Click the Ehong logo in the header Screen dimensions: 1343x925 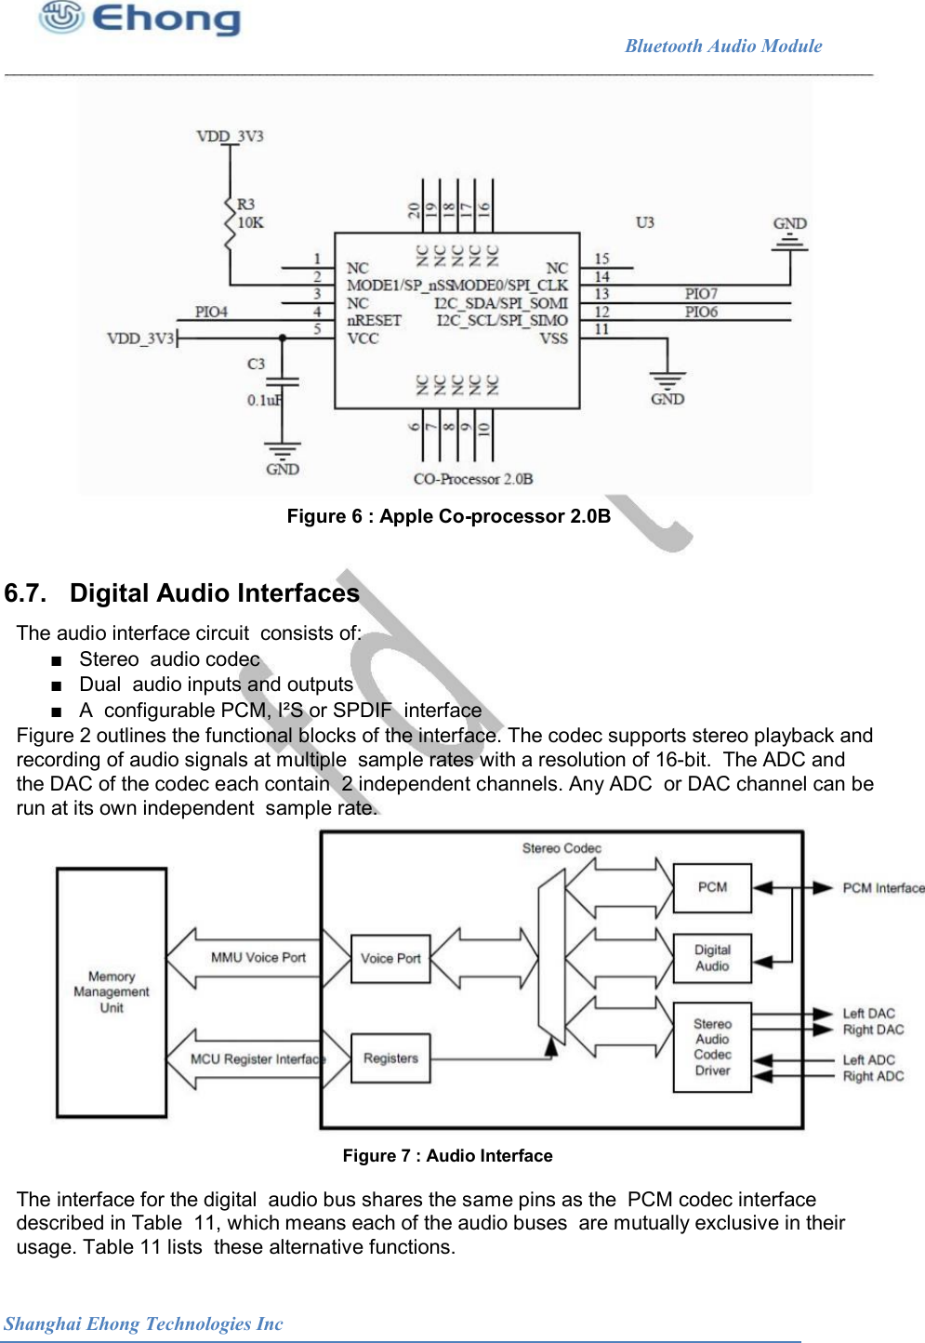pyautogui.click(x=139, y=19)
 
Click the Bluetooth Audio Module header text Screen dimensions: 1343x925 pyautogui.click(x=723, y=46)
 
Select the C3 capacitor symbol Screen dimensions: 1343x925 pyautogui.click(x=283, y=380)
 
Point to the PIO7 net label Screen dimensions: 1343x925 pyautogui.click(x=701, y=294)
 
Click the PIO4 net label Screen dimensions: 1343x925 pyautogui.click(x=211, y=312)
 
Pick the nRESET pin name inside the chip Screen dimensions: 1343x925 pyautogui.click(x=374, y=320)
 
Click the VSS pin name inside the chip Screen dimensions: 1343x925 pyautogui.click(x=553, y=339)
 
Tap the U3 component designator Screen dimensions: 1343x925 pyautogui.click(x=644, y=222)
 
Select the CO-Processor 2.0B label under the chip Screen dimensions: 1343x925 pyautogui.click(x=473, y=479)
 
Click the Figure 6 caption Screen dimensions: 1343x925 pyautogui.click(x=448, y=516)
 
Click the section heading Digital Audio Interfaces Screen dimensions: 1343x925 pyautogui.click(x=214, y=593)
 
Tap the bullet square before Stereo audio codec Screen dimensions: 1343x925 pyautogui.click(x=58, y=660)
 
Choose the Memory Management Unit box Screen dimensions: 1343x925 pyautogui.click(x=112, y=992)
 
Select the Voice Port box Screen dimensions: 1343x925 pyautogui.click(x=390, y=959)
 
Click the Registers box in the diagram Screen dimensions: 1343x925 pyautogui.click(x=390, y=1058)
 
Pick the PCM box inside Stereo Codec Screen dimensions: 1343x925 pyautogui.click(x=712, y=887)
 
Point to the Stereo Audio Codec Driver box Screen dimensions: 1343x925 pyautogui.click(x=712, y=1047)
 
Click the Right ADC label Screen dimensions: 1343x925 pyautogui.click(x=873, y=1076)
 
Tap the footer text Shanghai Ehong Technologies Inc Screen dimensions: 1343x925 pyautogui.click(x=143, y=1323)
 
